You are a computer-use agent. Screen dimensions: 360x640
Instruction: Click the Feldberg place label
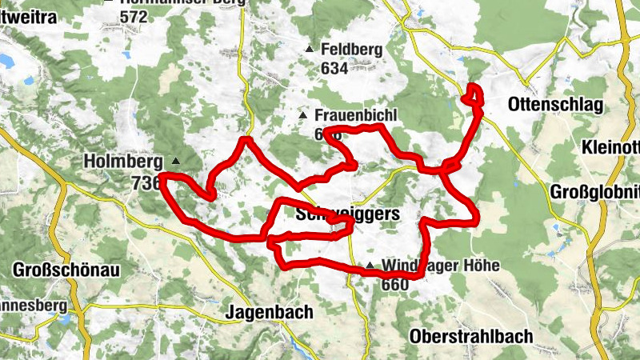point(351,50)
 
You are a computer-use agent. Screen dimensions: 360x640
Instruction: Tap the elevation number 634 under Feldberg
point(334,68)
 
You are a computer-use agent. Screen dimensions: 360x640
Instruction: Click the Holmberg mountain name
point(123,162)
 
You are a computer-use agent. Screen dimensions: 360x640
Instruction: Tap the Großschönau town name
point(66,270)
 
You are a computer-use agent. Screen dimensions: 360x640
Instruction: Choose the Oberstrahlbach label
point(470,336)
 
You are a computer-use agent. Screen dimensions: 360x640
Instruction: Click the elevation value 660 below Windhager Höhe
point(396,284)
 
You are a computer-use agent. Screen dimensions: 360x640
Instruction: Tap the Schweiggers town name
point(347,214)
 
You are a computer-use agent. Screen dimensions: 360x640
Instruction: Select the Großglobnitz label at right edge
point(595,192)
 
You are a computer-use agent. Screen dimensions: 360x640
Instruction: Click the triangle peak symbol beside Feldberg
point(310,50)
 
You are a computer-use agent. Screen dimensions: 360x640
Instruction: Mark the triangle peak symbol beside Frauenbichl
point(302,116)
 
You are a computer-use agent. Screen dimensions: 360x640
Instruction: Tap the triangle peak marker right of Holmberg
point(175,161)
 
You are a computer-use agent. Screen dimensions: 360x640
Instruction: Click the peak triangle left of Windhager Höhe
point(370,266)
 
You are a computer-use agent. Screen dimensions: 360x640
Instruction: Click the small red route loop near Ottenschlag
point(474,94)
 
